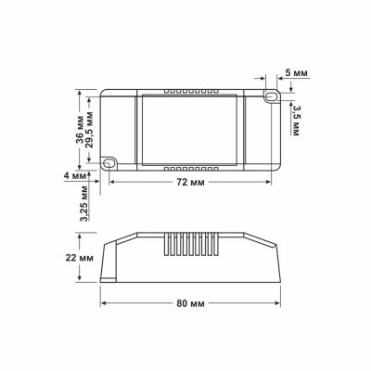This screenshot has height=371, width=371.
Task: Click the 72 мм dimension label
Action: (189, 184)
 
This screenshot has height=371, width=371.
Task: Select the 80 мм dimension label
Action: (189, 304)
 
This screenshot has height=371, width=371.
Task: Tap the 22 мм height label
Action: (81, 258)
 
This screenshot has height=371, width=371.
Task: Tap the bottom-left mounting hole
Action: (109, 163)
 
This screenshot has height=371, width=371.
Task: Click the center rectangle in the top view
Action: (189, 130)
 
